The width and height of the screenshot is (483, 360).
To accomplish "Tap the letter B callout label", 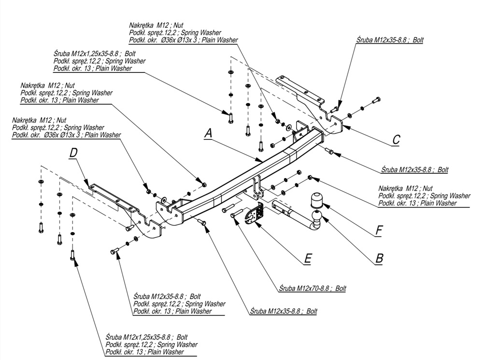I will (380, 259).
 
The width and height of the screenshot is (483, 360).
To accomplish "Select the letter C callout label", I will (396, 139).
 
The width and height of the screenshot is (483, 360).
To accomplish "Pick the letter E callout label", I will (307, 259).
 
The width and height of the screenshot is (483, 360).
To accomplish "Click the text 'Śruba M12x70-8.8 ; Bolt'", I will (312, 288).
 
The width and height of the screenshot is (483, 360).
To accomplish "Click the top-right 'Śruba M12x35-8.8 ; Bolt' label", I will (388, 40).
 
